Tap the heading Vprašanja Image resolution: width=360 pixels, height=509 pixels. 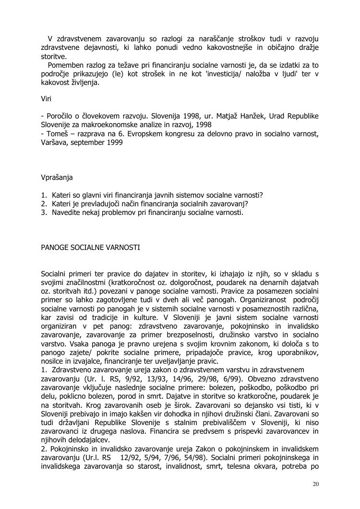[57, 178]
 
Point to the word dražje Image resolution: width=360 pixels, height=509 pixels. [307, 47]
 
